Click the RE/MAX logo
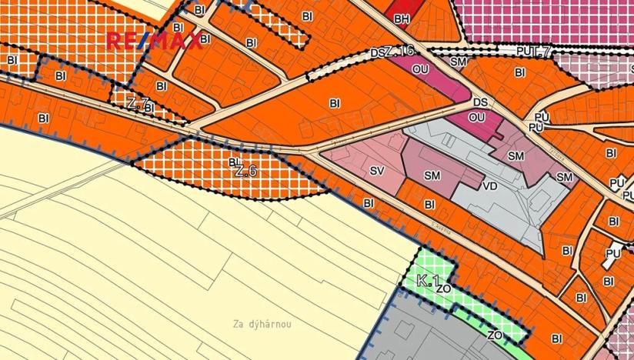click(x=153, y=41)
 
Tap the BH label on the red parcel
click(x=401, y=18)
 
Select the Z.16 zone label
click(x=399, y=50)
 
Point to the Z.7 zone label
click(x=137, y=102)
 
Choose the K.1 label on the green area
click(x=428, y=281)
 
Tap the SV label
click(x=376, y=170)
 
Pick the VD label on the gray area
click(x=489, y=186)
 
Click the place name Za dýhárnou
click(x=262, y=324)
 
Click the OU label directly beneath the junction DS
click(x=476, y=117)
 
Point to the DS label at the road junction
click(x=481, y=102)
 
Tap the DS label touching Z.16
click(x=376, y=53)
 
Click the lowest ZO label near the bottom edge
click(x=495, y=335)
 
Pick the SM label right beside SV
click(x=432, y=175)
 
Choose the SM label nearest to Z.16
click(x=459, y=61)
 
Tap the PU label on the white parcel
click(x=612, y=252)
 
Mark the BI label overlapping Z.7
click(x=149, y=108)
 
